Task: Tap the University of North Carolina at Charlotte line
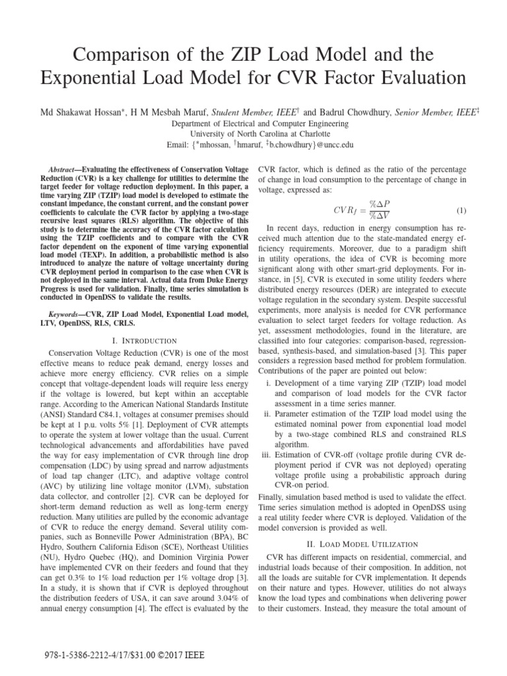click(x=253, y=134)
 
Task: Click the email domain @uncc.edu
click(x=326, y=145)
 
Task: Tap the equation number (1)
click(x=461, y=211)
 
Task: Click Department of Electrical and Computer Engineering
click(x=253, y=123)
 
